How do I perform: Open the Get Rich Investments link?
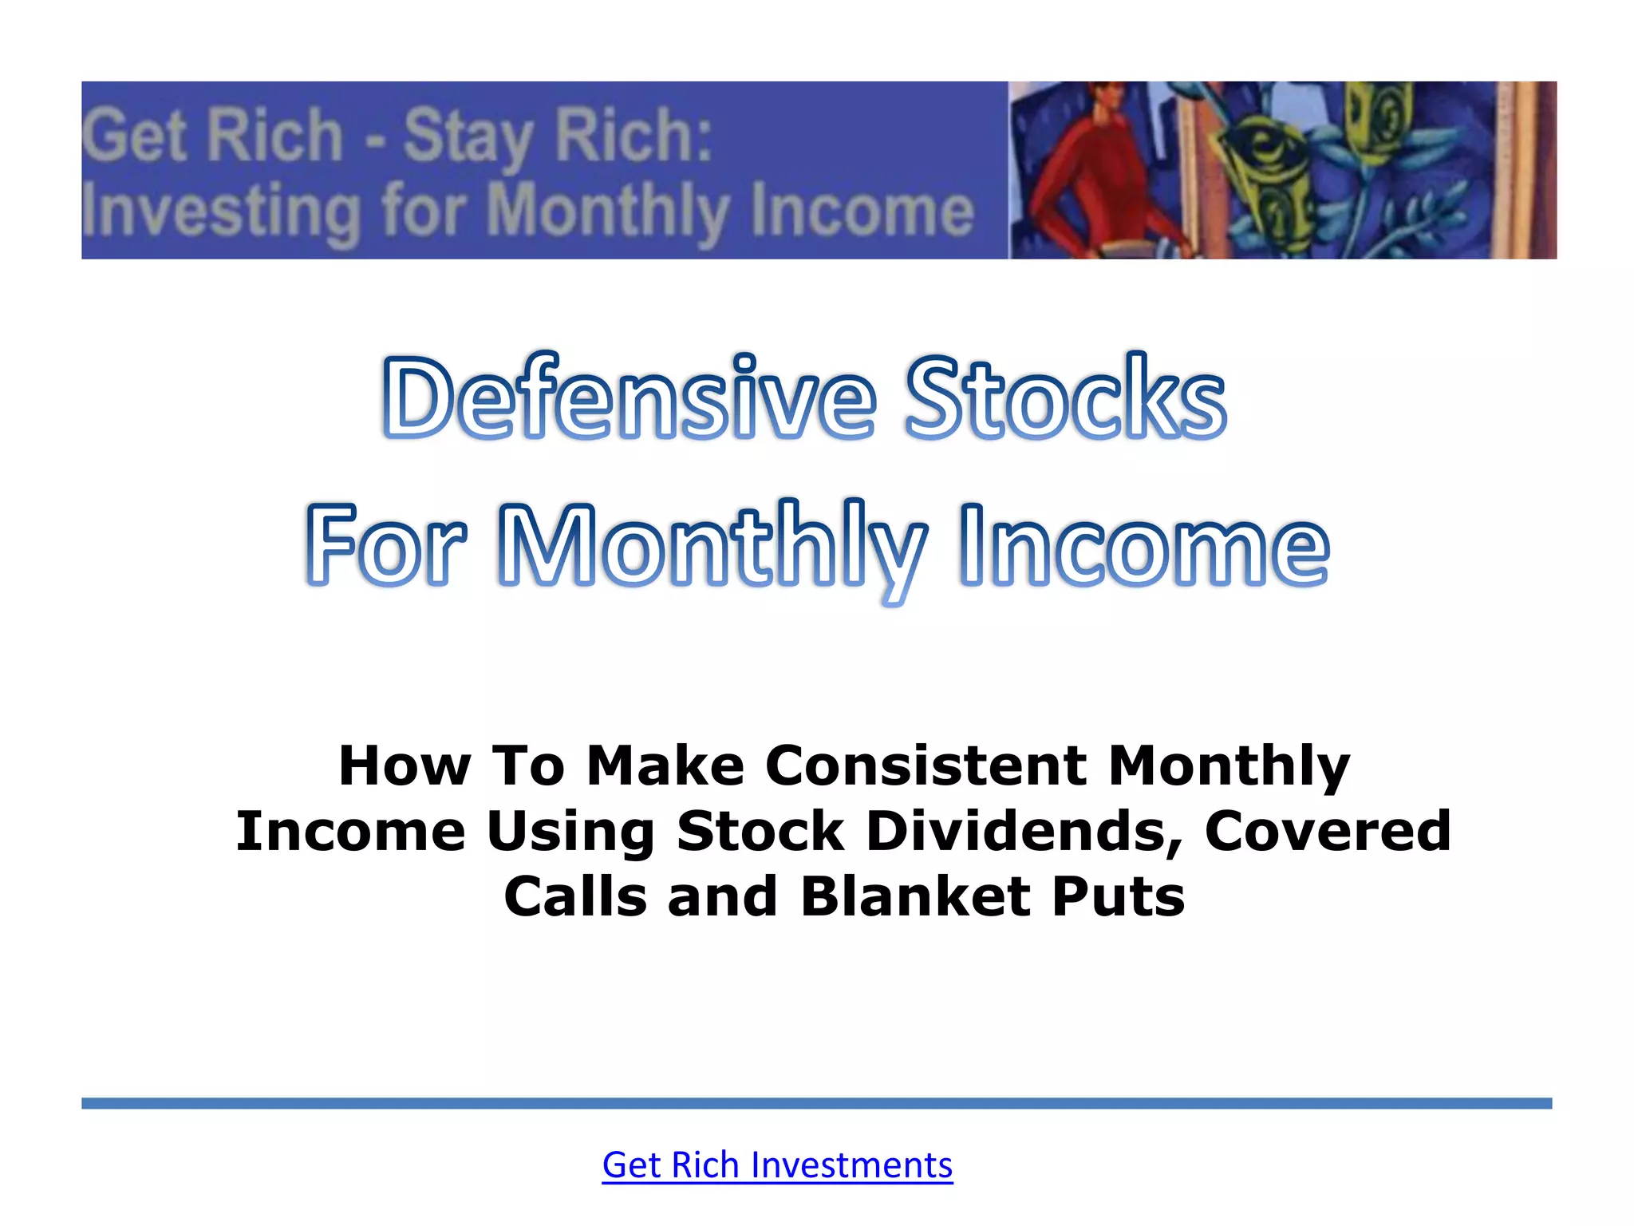click(x=777, y=1165)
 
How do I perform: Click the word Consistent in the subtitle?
click(x=926, y=765)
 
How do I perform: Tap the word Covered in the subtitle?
click(x=1328, y=831)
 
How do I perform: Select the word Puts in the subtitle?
click(x=1118, y=896)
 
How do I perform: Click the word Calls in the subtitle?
click(x=575, y=896)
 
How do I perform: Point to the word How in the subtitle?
click(x=405, y=765)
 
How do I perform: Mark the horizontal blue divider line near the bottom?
click(x=816, y=1103)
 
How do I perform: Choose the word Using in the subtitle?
click(x=570, y=831)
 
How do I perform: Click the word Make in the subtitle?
click(x=665, y=765)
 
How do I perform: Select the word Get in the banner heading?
click(x=134, y=136)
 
